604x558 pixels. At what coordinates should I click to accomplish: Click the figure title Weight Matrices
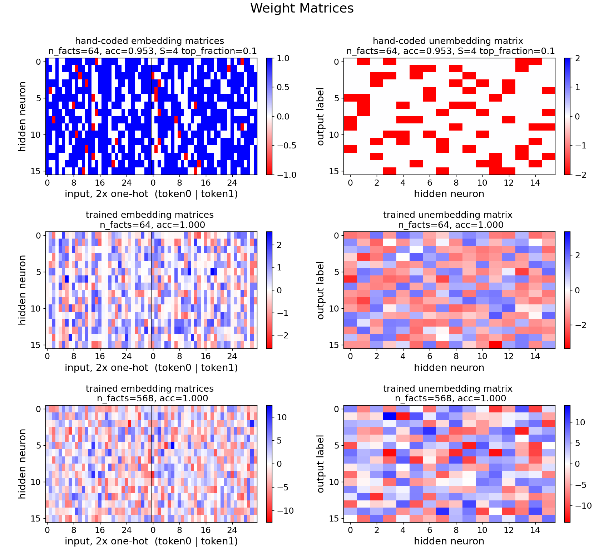pyautogui.click(x=302, y=8)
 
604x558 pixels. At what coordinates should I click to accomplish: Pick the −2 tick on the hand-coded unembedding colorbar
pyautogui.click(x=579, y=175)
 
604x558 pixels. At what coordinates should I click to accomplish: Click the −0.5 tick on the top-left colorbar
pyautogui.click(x=286, y=146)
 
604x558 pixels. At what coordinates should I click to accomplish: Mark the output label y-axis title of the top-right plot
pyautogui.click(x=321, y=117)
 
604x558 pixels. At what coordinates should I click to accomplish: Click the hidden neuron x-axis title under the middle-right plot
pyautogui.click(x=449, y=367)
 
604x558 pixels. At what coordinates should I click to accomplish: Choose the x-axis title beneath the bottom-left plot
pyautogui.click(x=151, y=541)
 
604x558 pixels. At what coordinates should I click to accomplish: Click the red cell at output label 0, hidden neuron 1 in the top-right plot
pyautogui.click(x=363, y=62)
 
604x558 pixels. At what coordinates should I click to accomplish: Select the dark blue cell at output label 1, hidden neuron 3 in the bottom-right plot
pyautogui.click(x=390, y=416)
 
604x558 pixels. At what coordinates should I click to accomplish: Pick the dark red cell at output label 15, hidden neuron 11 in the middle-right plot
pyautogui.click(x=495, y=345)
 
